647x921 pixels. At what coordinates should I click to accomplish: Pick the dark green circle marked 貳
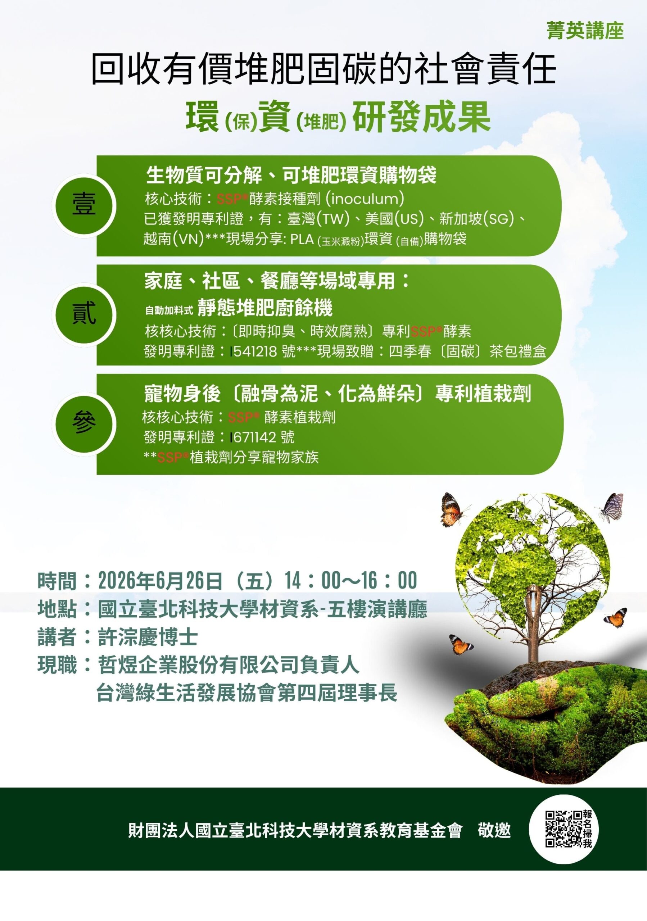click(84, 314)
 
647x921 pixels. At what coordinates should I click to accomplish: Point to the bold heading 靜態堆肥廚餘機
click(265, 308)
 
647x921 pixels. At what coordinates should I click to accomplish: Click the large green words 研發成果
click(422, 117)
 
